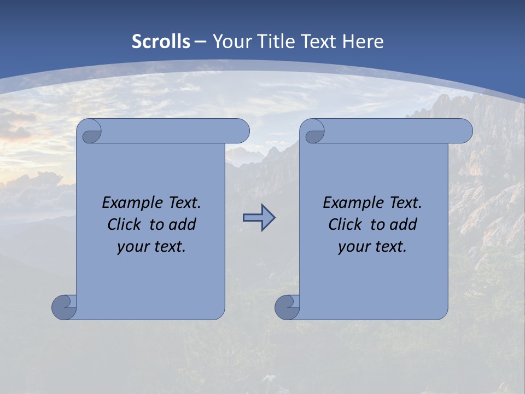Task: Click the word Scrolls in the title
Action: (x=161, y=41)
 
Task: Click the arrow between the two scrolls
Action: (x=259, y=218)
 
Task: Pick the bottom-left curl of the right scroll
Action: (x=288, y=306)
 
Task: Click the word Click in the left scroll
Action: (x=124, y=224)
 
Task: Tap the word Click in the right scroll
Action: (x=345, y=224)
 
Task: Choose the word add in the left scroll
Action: (x=183, y=224)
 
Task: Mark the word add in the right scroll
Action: (x=404, y=224)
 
